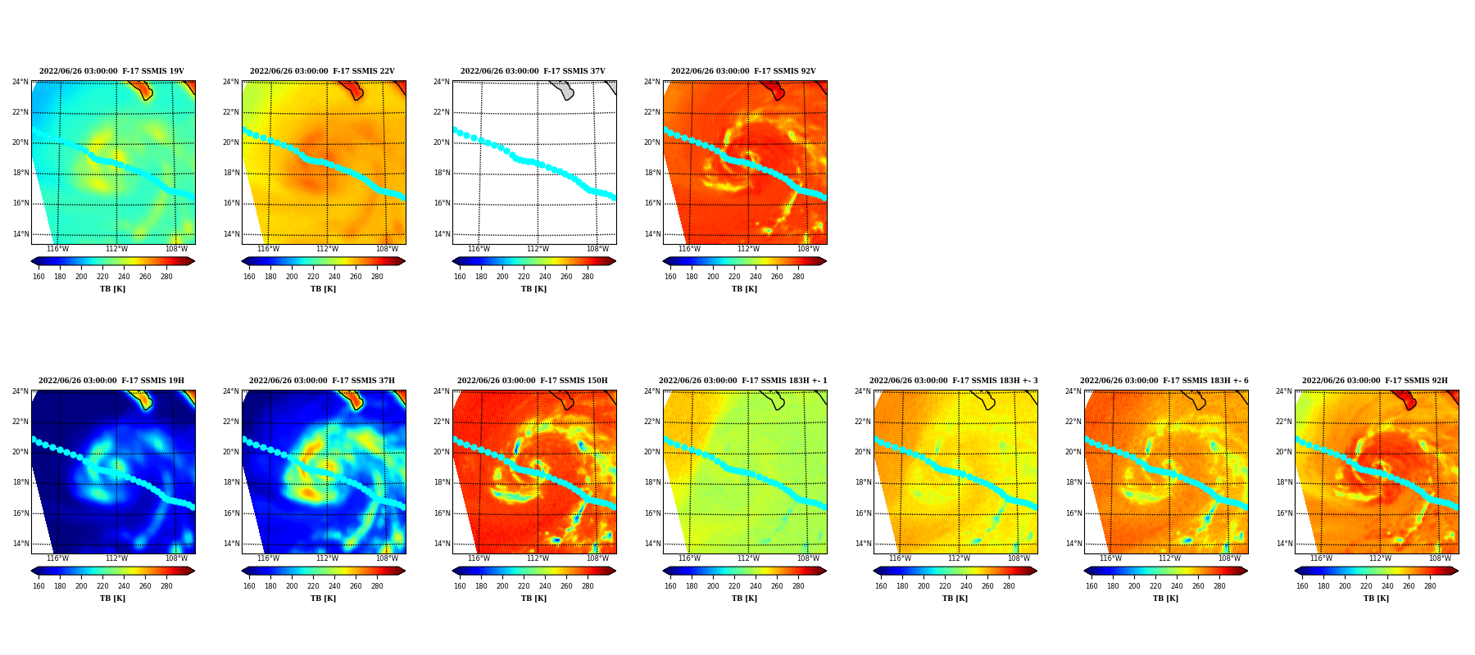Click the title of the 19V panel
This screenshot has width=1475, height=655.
pos(111,71)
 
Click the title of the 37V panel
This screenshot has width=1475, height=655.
pos(533,71)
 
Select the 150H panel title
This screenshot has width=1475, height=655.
pos(533,381)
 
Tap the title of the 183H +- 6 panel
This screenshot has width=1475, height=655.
pos(1164,381)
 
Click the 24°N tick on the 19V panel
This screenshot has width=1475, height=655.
pos(20,82)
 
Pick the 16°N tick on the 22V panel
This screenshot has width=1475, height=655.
pos(231,203)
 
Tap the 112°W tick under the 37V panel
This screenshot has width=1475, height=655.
pos(538,249)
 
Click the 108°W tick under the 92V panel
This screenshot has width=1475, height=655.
pos(808,249)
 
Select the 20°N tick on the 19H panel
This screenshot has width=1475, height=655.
pos(20,452)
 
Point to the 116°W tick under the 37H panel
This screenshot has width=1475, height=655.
pos(268,558)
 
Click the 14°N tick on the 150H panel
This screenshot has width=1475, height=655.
pos(442,544)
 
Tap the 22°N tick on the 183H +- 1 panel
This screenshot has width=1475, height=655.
pos(652,422)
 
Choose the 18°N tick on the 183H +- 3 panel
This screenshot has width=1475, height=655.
pos(863,482)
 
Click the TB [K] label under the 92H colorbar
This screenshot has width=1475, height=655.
pos(1376,599)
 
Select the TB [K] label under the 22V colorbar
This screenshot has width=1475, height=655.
pos(323,289)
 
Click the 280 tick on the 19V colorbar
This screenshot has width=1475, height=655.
pos(166,277)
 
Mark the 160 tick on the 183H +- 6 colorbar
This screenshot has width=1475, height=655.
pos(1091,586)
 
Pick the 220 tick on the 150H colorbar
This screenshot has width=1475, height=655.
pos(524,586)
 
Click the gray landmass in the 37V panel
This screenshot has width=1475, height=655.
pos(562,89)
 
